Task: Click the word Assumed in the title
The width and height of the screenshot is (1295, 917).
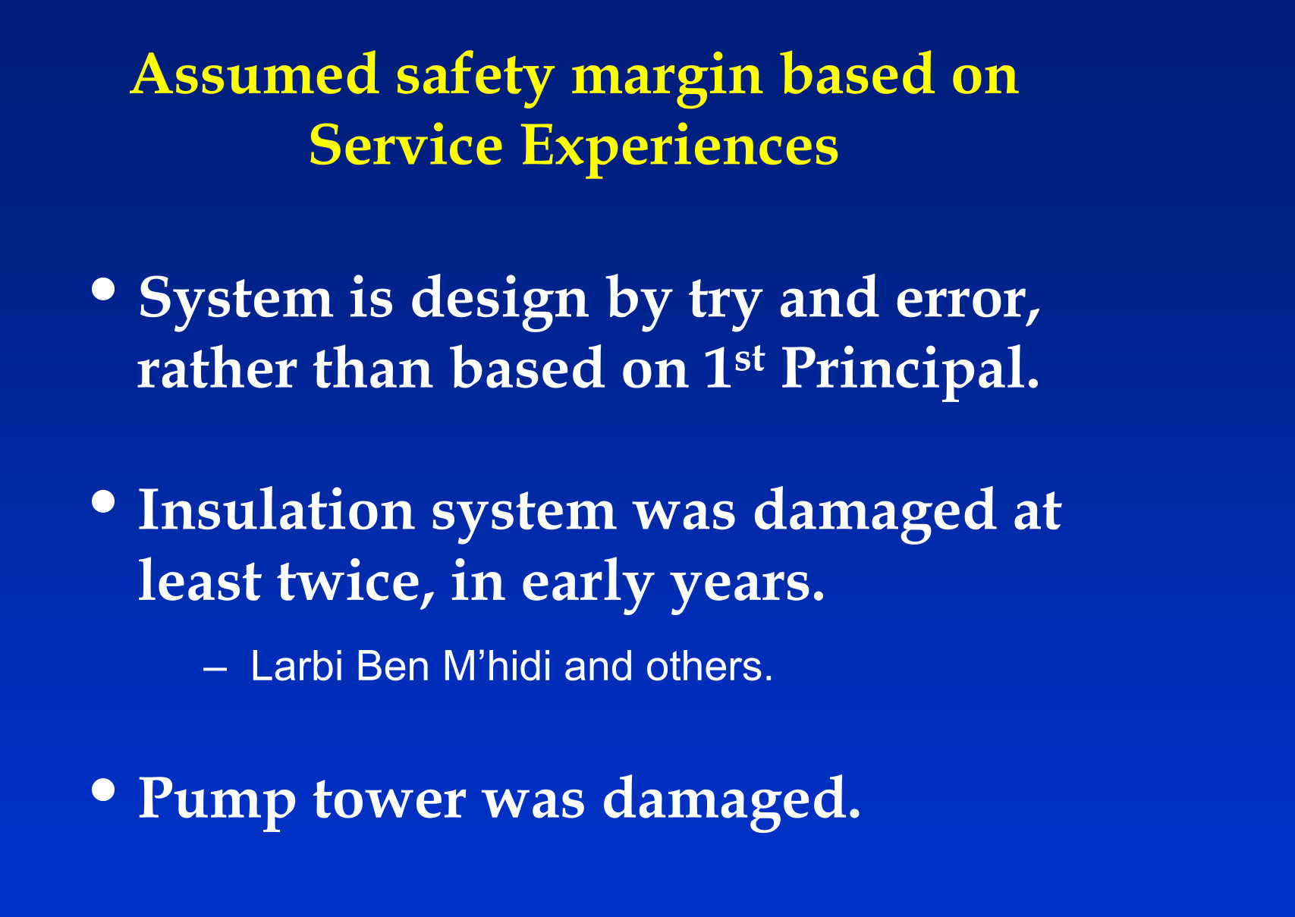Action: click(x=255, y=74)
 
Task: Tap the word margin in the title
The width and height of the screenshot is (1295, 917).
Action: click(x=668, y=79)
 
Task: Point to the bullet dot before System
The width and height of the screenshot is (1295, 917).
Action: click(x=103, y=290)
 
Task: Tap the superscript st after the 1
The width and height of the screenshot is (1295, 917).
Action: click(x=750, y=360)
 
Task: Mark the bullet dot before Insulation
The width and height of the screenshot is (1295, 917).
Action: click(x=103, y=501)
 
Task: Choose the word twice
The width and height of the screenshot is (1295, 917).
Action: click(x=356, y=581)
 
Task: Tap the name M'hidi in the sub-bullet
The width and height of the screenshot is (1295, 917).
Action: click(x=497, y=666)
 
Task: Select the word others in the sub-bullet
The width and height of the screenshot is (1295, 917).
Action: click(x=709, y=667)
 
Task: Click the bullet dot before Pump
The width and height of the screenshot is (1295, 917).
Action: click(x=103, y=790)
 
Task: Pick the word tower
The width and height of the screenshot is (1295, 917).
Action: click(x=390, y=801)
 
